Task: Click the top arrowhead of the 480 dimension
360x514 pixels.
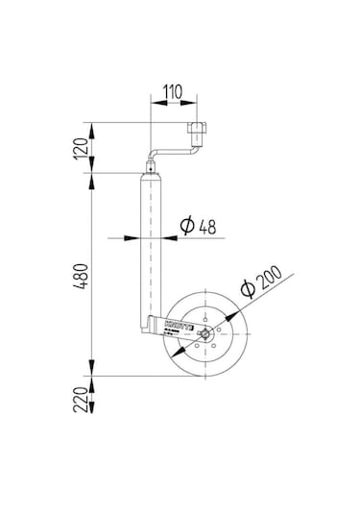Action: pos(92,175)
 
